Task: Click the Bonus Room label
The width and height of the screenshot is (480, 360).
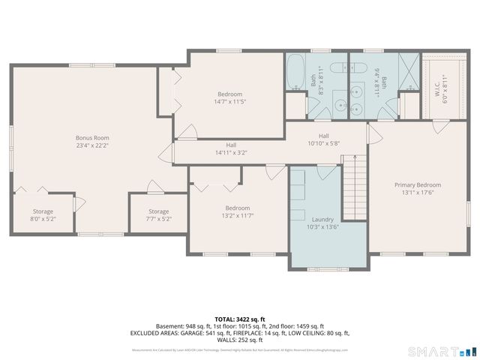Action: coord(91,138)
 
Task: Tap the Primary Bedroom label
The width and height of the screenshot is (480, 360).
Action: coord(418,184)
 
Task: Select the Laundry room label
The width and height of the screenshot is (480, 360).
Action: coord(322,219)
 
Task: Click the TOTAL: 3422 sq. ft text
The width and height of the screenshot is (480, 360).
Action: coord(239,319)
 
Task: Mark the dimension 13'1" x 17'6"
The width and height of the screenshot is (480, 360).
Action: coord(418,192)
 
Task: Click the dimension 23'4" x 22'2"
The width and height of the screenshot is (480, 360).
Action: coord(91,145)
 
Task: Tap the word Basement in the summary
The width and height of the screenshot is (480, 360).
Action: coord(169,326)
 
